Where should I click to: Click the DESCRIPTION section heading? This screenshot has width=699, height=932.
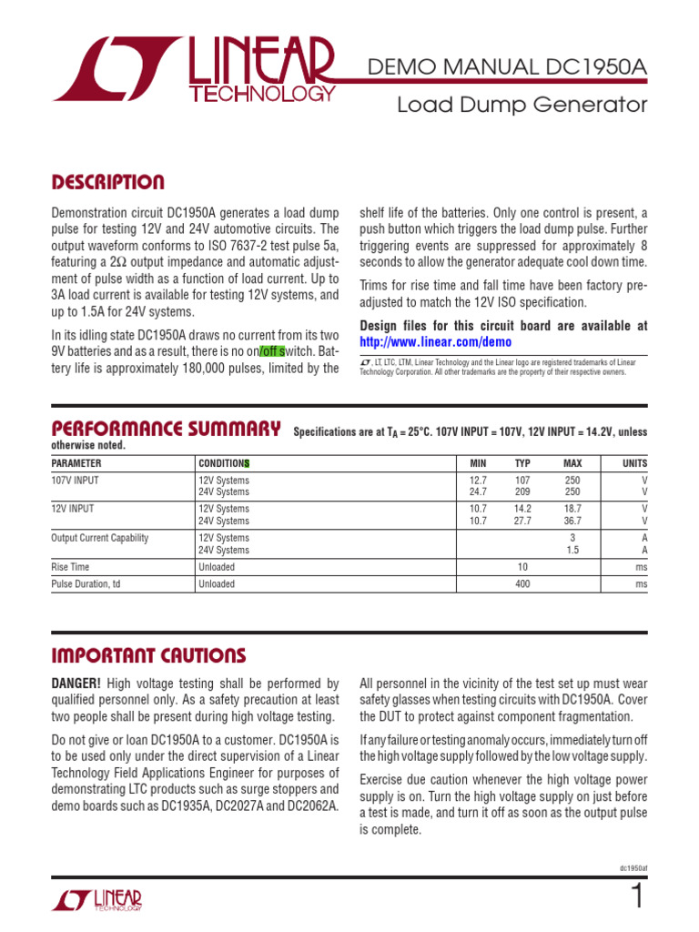(x=107, y=183)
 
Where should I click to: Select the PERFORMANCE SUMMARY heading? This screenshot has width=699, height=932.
(x=165, y=429)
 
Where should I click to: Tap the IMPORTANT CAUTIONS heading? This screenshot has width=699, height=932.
(x=147, y=655)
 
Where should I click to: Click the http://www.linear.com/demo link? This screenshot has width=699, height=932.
(x=436, y=342)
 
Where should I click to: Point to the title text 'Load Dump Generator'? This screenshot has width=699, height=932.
(x=522, y=106)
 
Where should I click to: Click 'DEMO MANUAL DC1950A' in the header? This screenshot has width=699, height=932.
(x=505, y=66)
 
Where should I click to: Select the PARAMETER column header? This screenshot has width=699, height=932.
(x=76, y=463)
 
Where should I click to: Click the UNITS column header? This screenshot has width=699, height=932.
(x=634, y=463)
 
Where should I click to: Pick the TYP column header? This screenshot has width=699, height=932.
(x=522, y=463)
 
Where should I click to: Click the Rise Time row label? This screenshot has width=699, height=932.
(x=72, y=567)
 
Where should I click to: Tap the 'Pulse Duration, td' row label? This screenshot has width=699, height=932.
(x=86, y=584)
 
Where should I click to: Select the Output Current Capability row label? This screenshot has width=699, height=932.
(x=99, y=538)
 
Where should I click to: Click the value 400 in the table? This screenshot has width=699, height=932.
(x=522, y=584)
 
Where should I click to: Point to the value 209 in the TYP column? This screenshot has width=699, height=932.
(x=522, y=491)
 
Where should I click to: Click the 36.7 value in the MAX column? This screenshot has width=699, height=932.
(x=572, y=522)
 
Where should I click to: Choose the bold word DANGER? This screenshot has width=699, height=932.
(x=76, y=683)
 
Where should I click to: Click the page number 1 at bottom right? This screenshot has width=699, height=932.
(x=636, y=898)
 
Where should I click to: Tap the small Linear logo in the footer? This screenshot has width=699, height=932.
(x=96, y=900)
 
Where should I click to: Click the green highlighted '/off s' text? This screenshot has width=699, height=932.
(x=272, y=351)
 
